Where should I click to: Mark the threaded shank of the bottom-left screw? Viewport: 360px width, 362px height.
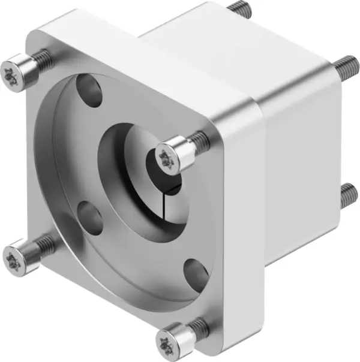pyautogui.click(x=43, y=243)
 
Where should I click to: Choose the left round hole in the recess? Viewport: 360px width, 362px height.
pyautogui.click(x=90, y=218)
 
